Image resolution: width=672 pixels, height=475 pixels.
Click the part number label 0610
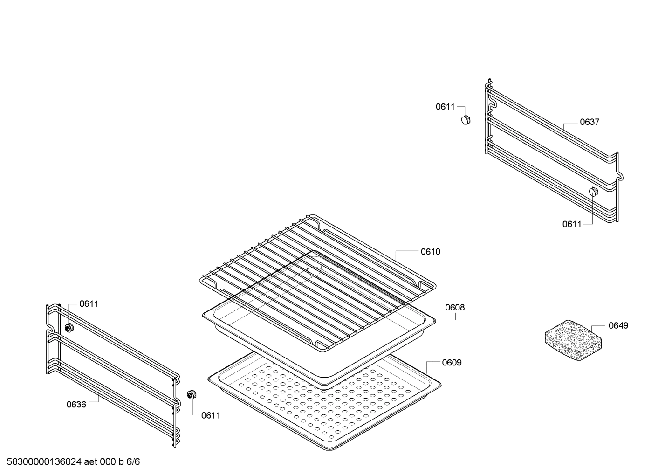[x=430, y=252]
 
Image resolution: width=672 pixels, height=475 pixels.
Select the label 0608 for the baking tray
[x=454, y=308]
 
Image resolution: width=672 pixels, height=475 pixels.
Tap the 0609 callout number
[x=452, y=363]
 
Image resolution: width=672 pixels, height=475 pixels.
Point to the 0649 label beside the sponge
[x=618, y=325]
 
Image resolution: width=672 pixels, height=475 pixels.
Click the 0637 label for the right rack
[x=590, y=122]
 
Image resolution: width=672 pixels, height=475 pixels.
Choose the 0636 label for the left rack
[x=76, y=405]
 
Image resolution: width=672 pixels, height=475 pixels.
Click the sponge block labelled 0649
[x=574, y=340]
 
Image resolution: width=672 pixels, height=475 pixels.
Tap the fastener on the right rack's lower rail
[x=593, y=192]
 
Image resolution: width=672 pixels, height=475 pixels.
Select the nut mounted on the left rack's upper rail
[x=69, y=328]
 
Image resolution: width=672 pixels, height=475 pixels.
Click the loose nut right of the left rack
[x=191, y=395]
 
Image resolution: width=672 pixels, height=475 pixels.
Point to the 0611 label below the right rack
[x=572, y=224]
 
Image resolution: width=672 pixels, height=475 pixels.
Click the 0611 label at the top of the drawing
[x=445, y=107]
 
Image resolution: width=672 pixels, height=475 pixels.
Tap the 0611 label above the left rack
[x=89, y=304]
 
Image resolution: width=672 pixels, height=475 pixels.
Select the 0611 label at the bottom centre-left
[x=211, y=415]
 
